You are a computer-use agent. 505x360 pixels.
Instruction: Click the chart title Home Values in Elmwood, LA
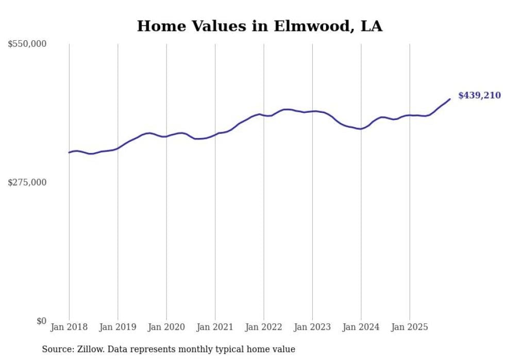(260, 26)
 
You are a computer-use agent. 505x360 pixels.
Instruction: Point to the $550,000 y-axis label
(27, 44)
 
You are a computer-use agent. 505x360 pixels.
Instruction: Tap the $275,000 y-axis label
(27, 182)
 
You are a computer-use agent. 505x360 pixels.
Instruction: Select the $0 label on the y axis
(41, 321)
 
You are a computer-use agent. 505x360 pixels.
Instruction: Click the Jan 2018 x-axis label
(69, 327)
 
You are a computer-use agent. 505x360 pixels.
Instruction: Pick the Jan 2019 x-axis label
(117, 327)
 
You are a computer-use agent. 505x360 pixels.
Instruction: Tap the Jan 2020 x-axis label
(166, 327)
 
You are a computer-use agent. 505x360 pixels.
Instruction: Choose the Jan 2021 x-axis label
(215, 327)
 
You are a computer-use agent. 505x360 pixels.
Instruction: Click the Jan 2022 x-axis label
(264, 327)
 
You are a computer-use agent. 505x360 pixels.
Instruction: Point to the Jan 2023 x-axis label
(312, 327)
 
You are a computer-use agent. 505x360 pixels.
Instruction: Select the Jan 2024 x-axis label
(361, 327)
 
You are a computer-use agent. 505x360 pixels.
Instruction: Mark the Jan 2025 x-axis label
(410, 327)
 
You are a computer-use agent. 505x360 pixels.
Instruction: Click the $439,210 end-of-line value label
(479, 95)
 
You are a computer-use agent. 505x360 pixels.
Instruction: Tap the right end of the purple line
(450, 99)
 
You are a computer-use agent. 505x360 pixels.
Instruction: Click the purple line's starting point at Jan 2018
(69, 152)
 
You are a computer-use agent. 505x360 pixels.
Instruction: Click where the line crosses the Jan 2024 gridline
(361, 129)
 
